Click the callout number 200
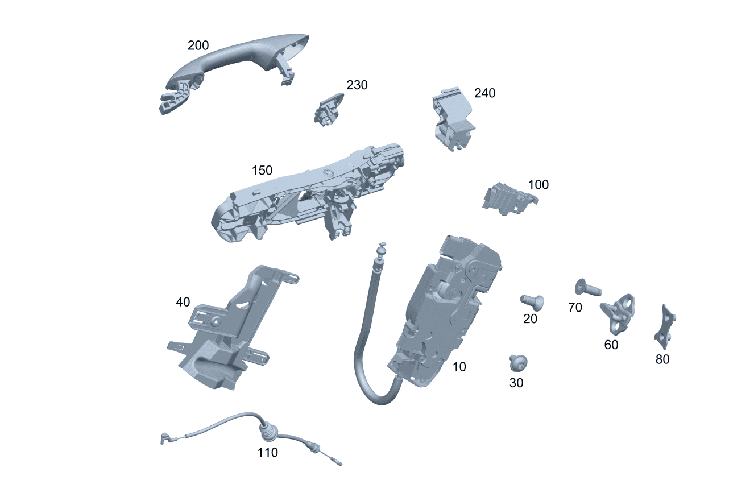tap(198, 45)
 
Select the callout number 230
tap(357, 85)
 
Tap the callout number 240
tap(484, 93)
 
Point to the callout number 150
tap(262, 171)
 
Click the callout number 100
tap(538, 185)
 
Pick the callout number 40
tap(183, 303)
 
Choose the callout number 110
tap(267, 453)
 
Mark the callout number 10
tap(459, 367)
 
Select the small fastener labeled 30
tap(518, 362)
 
